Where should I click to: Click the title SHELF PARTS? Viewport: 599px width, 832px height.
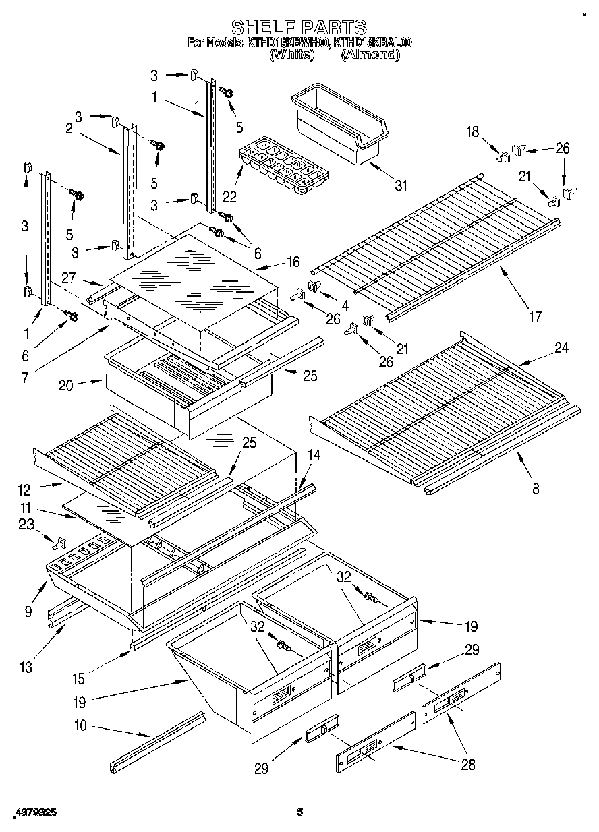click(x=299, y=27)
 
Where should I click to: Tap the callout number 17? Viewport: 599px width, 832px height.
click(x=535, y=316)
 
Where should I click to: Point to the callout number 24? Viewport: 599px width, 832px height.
click(x=561, y=348)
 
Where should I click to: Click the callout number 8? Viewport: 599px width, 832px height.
click(x=536, y=489)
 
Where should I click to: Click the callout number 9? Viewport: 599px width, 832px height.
click(x=28, y=611)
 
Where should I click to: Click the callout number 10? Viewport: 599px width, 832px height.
click(x=82, y=727)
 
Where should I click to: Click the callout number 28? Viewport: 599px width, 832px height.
click(x=467, y=764)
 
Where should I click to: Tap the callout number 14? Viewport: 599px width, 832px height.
click(x=314, y=455)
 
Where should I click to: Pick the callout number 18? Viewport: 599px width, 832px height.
click(x=472, y=132)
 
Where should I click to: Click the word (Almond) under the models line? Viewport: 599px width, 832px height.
click(x=370, y=55)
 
